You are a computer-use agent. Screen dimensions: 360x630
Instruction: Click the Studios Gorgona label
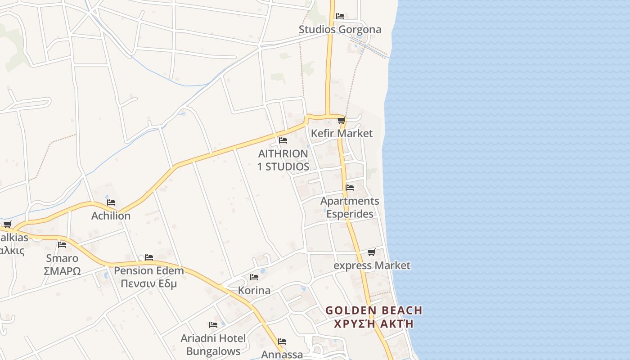(340, 30)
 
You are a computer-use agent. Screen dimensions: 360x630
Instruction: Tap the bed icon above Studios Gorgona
(340, 16)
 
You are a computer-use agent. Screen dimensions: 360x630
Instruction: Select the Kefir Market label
(342, 133)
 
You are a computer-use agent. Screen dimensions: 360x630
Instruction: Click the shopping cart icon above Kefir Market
(341, 120)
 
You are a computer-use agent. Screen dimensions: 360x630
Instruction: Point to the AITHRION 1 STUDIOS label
(283, 160)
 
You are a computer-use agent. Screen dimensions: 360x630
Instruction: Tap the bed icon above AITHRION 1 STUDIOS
(283, 140)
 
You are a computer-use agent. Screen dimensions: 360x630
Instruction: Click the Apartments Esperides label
(350, 207)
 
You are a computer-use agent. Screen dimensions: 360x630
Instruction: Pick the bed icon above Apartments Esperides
(350, 187)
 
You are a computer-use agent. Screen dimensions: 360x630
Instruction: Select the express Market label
(372, 265)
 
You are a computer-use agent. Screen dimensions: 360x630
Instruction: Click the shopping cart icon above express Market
(371, 252)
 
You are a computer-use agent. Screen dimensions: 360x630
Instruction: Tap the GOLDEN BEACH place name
(373, 310)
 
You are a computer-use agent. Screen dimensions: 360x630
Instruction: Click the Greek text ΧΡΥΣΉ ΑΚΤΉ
(373, 324)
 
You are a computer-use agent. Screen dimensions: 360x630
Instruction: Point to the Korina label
(254, 290)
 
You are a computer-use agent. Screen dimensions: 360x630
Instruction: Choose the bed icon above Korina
(254, 277)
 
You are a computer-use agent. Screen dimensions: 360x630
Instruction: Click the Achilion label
(111, 216)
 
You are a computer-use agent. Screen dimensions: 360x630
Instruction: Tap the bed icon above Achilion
(111, 202)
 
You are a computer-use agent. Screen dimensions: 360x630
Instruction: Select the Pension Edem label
(148, 271)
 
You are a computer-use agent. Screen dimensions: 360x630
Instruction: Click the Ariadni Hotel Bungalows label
(213, 344)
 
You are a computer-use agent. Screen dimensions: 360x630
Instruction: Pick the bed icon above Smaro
(62, 244)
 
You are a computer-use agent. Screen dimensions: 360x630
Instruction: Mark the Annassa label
(282, 354)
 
